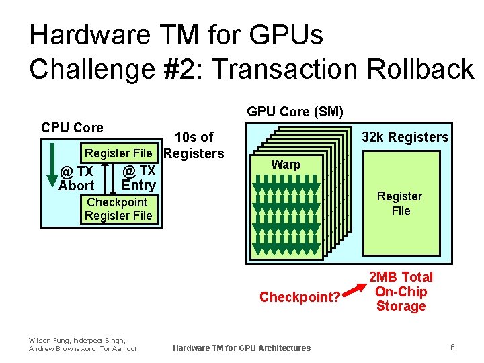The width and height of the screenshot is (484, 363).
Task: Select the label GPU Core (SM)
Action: [295, 112]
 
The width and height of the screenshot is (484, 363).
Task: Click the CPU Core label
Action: [72, 128]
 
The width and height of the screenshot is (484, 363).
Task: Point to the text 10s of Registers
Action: [194, 145]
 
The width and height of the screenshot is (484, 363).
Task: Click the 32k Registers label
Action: [405, 137]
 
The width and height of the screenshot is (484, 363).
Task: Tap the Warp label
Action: [286, 165]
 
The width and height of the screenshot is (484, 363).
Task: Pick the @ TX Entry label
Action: [138, 178]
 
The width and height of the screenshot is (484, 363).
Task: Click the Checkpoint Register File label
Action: [118, 209]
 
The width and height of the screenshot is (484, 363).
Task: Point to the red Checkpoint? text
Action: [300, 297]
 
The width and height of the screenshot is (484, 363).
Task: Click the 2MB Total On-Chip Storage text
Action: [401, 292]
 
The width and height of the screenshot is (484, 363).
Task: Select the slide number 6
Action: [452, 348]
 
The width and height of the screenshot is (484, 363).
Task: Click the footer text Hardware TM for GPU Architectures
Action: [241, 348]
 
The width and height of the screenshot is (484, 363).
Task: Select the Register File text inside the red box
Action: [399, 203]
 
